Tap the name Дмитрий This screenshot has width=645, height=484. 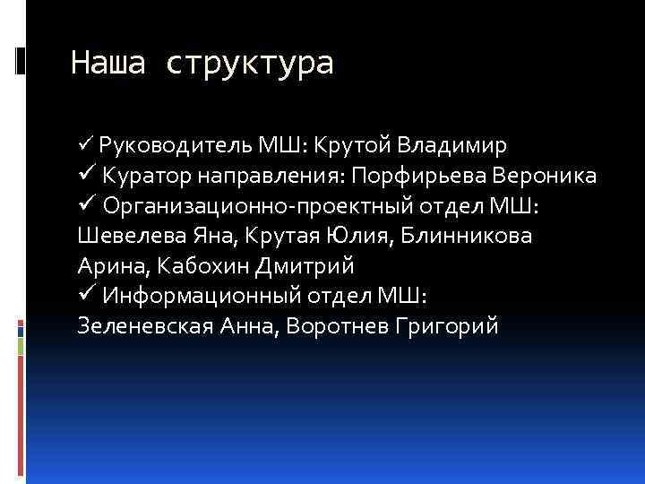click(305, 266)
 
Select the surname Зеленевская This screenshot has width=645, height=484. click(144, 327)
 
